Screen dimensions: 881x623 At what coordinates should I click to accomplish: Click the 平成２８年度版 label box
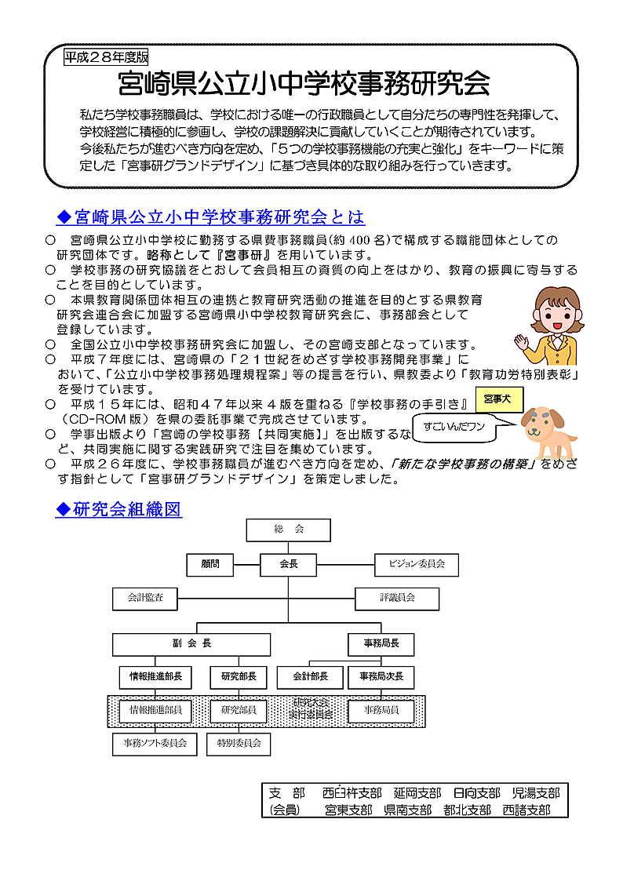[x=105, y=57]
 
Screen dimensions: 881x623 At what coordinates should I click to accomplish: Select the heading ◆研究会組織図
[x=118, y=510]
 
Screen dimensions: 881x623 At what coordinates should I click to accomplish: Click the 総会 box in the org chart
[x=289, y=530]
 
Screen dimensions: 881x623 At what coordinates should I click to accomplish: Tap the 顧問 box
[x=210, y=564]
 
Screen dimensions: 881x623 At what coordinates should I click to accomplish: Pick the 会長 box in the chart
[x=289, y=564]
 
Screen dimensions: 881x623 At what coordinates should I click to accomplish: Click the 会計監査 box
[x=145, y=598]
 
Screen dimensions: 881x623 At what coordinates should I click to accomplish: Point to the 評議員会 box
[x=398, y=598]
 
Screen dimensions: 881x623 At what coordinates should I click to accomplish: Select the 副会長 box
[x=191, y=644]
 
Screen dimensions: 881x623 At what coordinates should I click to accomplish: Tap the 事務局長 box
[x=381, y=644]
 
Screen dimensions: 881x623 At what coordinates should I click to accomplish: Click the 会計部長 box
[x=310, y=677]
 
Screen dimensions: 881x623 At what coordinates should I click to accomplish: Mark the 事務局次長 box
[x=381, y=677]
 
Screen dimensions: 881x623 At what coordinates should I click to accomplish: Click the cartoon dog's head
[x=539, y=424]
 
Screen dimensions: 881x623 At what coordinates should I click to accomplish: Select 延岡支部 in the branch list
[x=417, y=793]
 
